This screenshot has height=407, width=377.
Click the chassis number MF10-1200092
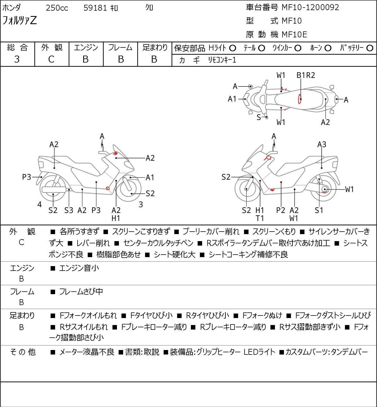pos(310,8)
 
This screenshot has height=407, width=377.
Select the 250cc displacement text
pos(57,8)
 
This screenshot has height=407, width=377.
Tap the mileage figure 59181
pos(95,8)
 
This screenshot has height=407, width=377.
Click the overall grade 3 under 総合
pos(17,60)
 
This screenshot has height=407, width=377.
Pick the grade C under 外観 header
pos(51,60)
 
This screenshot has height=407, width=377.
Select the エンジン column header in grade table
pos(86,48)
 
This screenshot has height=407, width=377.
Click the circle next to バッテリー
pos(370,48)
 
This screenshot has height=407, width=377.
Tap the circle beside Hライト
pos(232,48)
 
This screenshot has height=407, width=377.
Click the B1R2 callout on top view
pos(306,76)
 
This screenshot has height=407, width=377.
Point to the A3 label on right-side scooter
pos(322,145)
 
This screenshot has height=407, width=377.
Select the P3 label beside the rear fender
pos(26,177)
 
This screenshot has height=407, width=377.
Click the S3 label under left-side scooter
pos(69,210)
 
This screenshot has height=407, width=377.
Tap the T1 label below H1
pos(260,218)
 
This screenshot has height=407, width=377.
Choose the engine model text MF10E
pos(294,35)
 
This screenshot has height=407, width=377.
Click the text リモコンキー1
pos(222,60)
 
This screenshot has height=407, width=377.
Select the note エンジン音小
pos(79,268)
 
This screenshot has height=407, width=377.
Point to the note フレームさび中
pos(81,292)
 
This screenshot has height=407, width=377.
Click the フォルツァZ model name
pos(19,20)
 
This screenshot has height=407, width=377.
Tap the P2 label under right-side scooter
pos(281,210)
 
